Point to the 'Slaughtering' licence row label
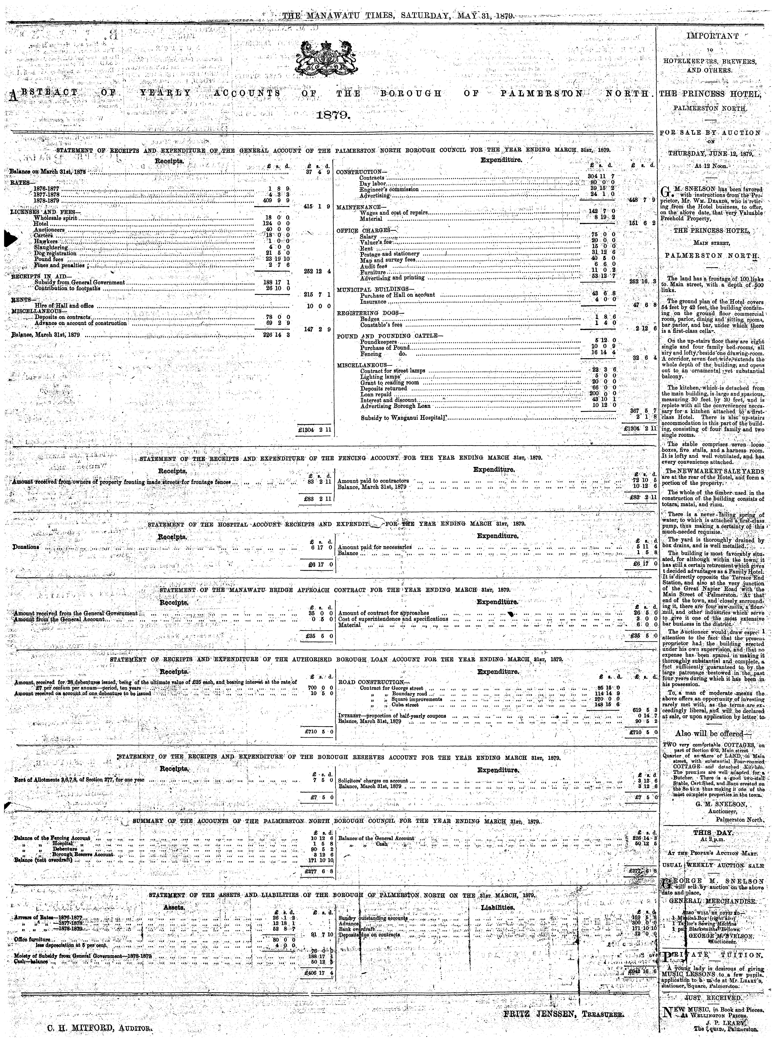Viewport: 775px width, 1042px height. tap(51, 247)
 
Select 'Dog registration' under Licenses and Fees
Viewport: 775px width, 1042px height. tap(55, 253)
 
